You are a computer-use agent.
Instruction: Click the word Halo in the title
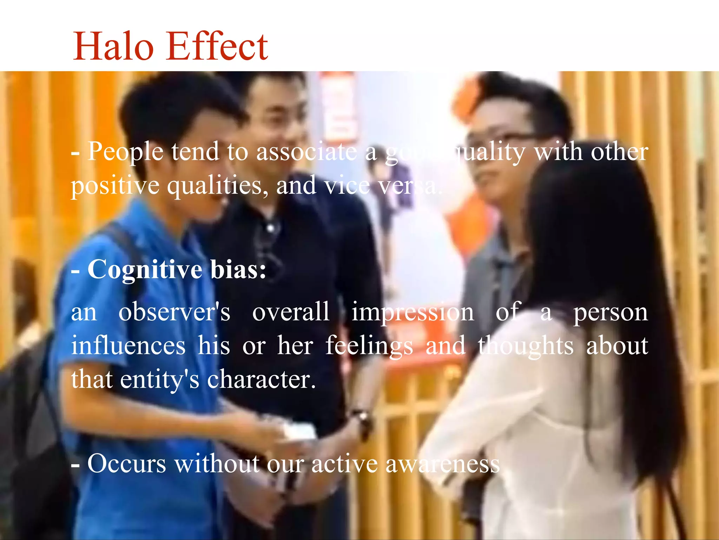click(x=113, y=46)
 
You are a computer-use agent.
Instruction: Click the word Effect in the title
click(x=218, y=46)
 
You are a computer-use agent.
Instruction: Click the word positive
click(x=115, y=186)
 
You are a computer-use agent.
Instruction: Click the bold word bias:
click(x=238, y=269)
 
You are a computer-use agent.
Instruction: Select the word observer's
click(x=174, y=311)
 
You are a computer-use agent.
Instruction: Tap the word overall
click(x=291, y=311)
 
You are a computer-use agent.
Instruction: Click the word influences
click(x=128, y=345)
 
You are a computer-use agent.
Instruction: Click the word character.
click(x=261, y=379)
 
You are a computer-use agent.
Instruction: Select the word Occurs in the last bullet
click(x=126, y=463)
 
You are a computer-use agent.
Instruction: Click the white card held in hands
click(x=298, y=431)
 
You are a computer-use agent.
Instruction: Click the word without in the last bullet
click(x=217, y=463)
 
